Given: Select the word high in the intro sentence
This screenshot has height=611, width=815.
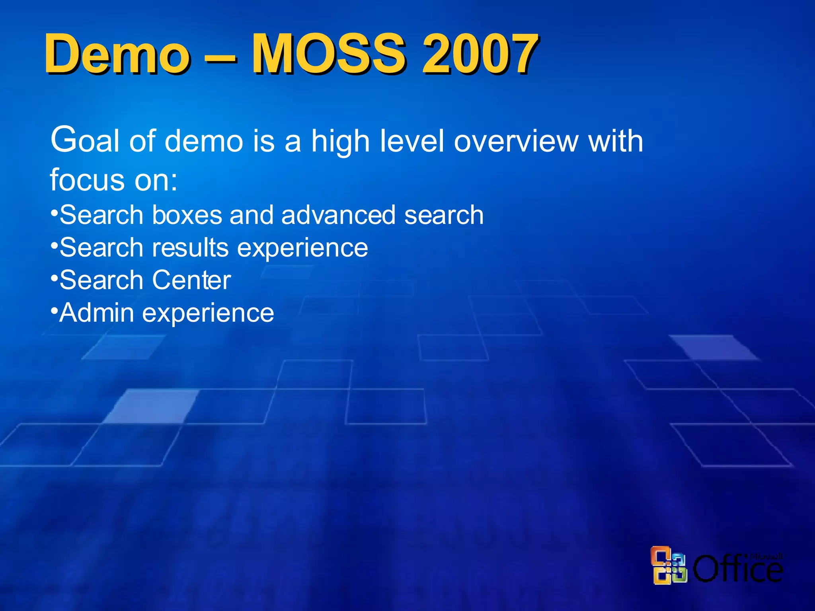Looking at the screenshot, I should coord(340,142).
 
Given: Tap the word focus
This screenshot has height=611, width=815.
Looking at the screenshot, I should coord(87,180).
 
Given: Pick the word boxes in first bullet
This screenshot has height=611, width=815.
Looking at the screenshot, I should coord(187,215).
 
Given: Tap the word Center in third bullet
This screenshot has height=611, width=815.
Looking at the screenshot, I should coord(191,280).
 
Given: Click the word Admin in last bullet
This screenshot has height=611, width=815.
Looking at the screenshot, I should coord(97,313).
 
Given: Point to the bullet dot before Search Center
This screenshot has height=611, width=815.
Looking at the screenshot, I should coord(54,276).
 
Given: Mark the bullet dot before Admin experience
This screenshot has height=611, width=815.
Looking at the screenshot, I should coord(54,309).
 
